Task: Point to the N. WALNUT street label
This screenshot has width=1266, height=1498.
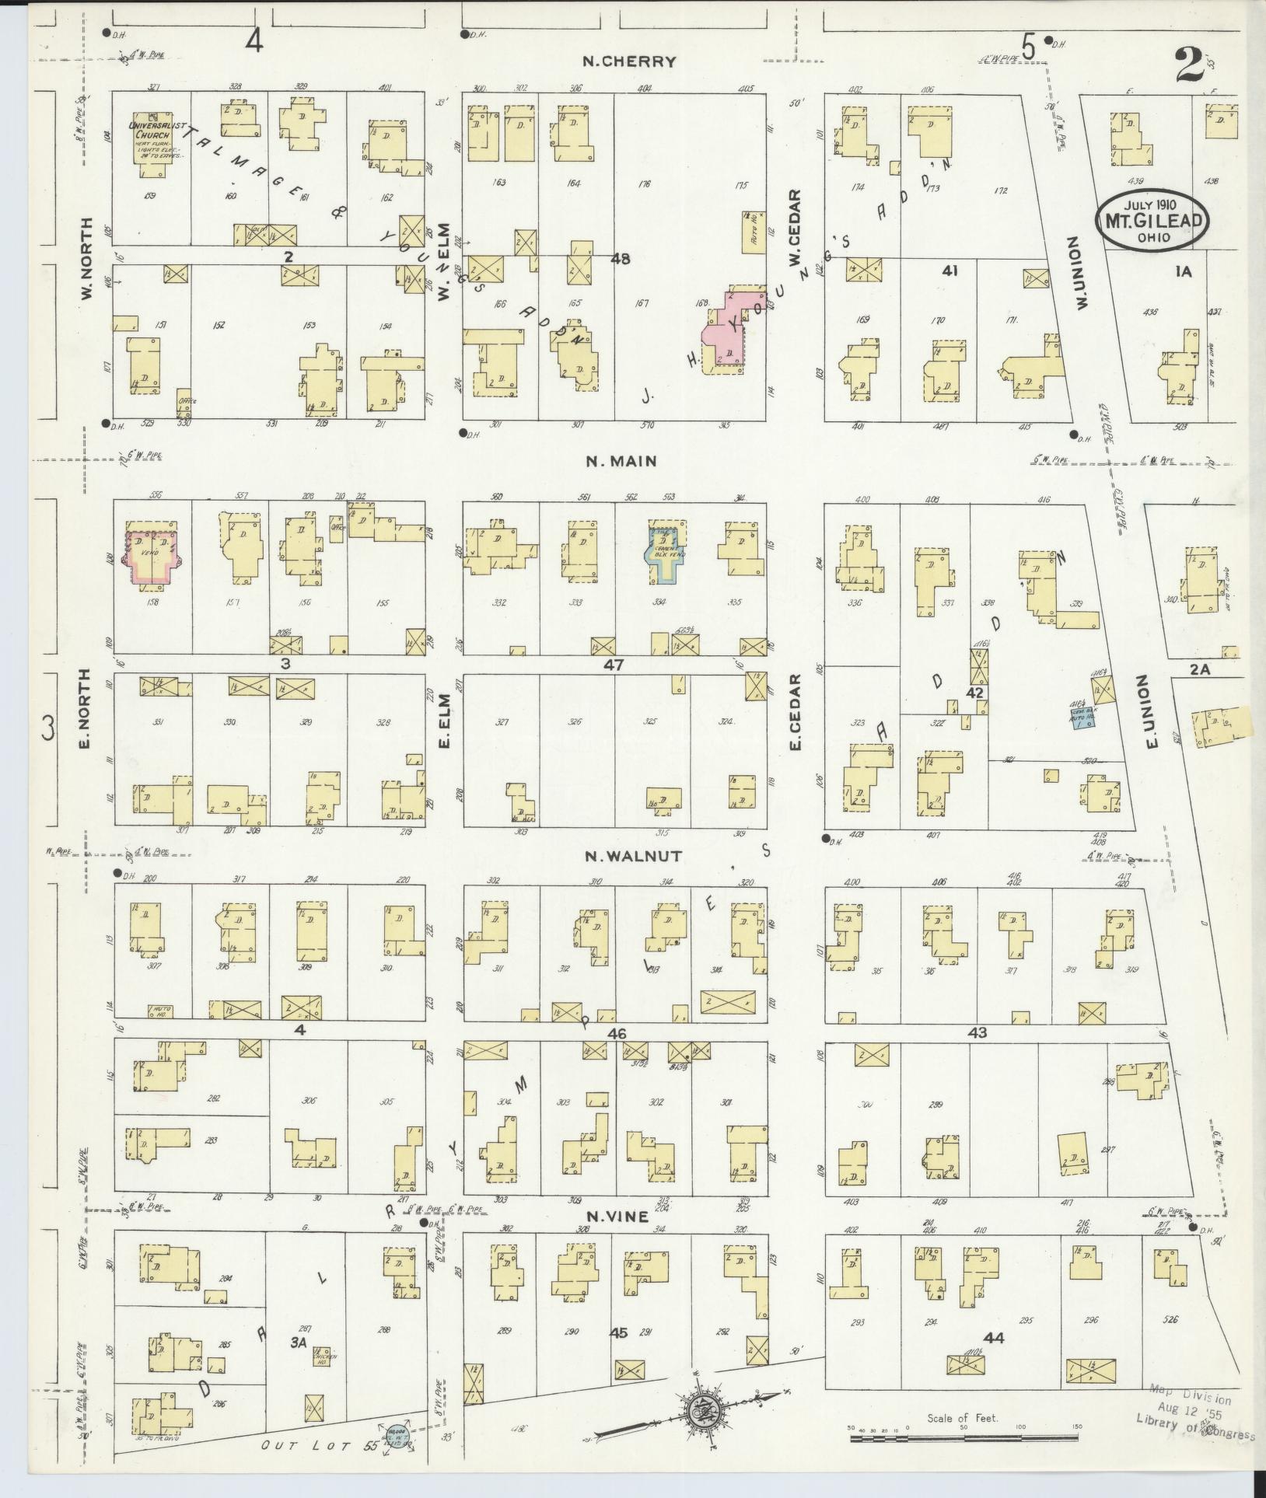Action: tap(634, 856)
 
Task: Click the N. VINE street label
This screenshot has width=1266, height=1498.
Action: tap(617, 1217)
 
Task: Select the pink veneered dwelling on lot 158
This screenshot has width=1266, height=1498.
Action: tap(152, 556)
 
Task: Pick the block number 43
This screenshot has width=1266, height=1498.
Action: tap(977, 1032)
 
